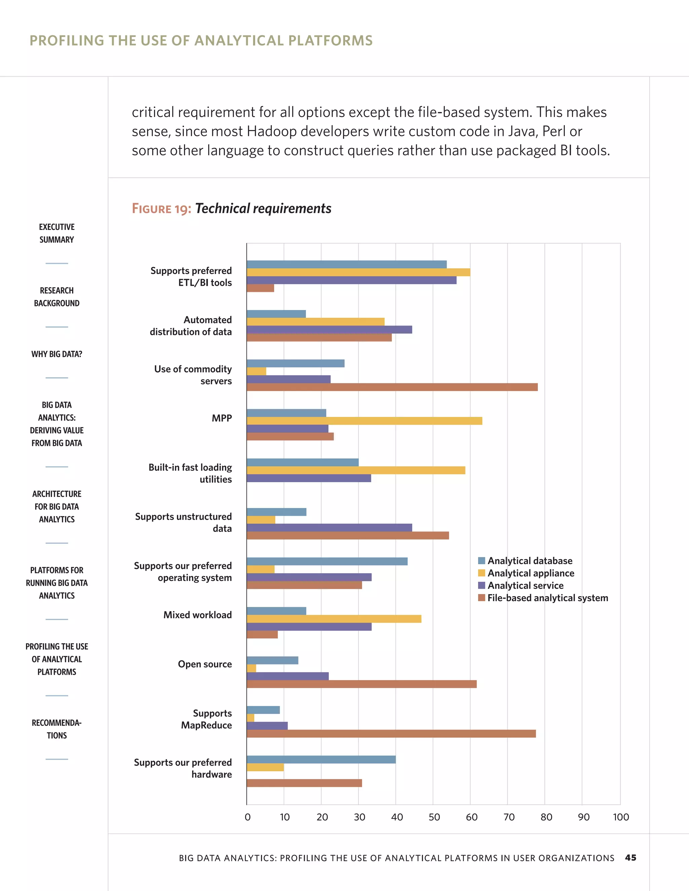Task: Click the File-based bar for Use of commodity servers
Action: tap(392, 387)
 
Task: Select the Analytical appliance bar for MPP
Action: tap(364, 421)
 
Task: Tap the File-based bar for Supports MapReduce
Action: tap(391, 734)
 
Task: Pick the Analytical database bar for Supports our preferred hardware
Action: tap(321, 760)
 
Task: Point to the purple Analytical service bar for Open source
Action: tap(287, 676)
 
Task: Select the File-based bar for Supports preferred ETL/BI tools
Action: tap(260, 288)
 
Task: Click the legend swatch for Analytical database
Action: tap(482, 560)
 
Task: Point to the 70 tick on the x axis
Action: tap(509, 817)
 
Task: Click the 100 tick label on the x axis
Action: tap(620, 817)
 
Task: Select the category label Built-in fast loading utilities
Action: tap(190, 473)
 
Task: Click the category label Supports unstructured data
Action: tap(183, 522)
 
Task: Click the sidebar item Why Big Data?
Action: tap(57, 354)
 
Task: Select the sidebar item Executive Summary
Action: tap(57, 233)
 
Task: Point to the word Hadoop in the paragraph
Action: tap(271, 131)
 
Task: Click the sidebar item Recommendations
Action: tap(57, 729)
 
